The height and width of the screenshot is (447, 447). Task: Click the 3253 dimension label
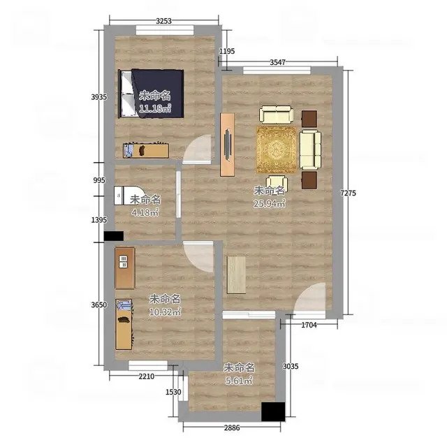click(x=164, y=21)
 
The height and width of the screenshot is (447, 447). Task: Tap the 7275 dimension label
click(x=349, y=193)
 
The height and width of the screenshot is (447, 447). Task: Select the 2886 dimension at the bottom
click(x=232, y=427)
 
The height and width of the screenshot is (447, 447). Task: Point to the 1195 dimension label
click(x=227, y=51)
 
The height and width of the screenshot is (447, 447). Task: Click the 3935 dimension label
click(x=99, y=97)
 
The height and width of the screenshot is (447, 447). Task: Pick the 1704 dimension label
click(x=309, y=325)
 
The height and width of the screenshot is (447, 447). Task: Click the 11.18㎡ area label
click(x=155, y=108)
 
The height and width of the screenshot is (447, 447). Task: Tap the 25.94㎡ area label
click(x=270, y=203)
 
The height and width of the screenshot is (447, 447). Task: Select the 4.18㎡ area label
click(x=145, y=212)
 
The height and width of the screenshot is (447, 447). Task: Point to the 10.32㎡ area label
click(x=165, y=312)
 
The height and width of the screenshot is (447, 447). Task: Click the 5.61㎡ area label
click(x=239, y=381)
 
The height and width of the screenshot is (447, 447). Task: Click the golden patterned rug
click(x=277, y=149)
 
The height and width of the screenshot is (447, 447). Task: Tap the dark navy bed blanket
click(x=159, y=93)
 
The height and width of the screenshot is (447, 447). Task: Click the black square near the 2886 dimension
click(x=273, y=411)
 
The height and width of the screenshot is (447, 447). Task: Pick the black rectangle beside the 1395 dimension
click(x=113, y=236)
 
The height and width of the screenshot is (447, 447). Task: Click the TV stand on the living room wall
click(x=228, y=145)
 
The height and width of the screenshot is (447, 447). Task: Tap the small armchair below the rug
click(x=277, y=183)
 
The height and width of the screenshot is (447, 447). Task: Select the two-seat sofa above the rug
click(x=277, y=115)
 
